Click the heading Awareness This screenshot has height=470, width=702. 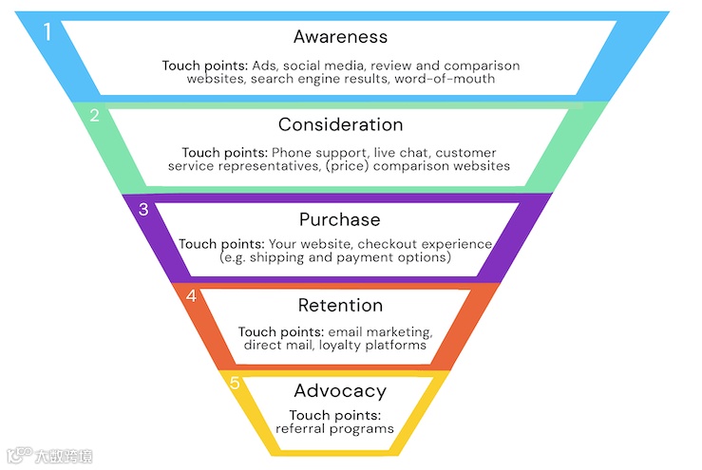340,37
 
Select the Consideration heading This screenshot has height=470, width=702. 340,124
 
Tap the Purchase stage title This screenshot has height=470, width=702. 339,219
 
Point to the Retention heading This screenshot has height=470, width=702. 340,305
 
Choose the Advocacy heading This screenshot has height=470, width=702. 340,390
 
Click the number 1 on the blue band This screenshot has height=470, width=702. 47,32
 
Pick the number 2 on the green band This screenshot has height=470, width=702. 94,117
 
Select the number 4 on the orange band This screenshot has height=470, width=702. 191,296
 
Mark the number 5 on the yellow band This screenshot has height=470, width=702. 237,383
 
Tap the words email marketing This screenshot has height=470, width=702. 380,331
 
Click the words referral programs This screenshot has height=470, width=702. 334,428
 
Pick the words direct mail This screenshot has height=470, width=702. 275,345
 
